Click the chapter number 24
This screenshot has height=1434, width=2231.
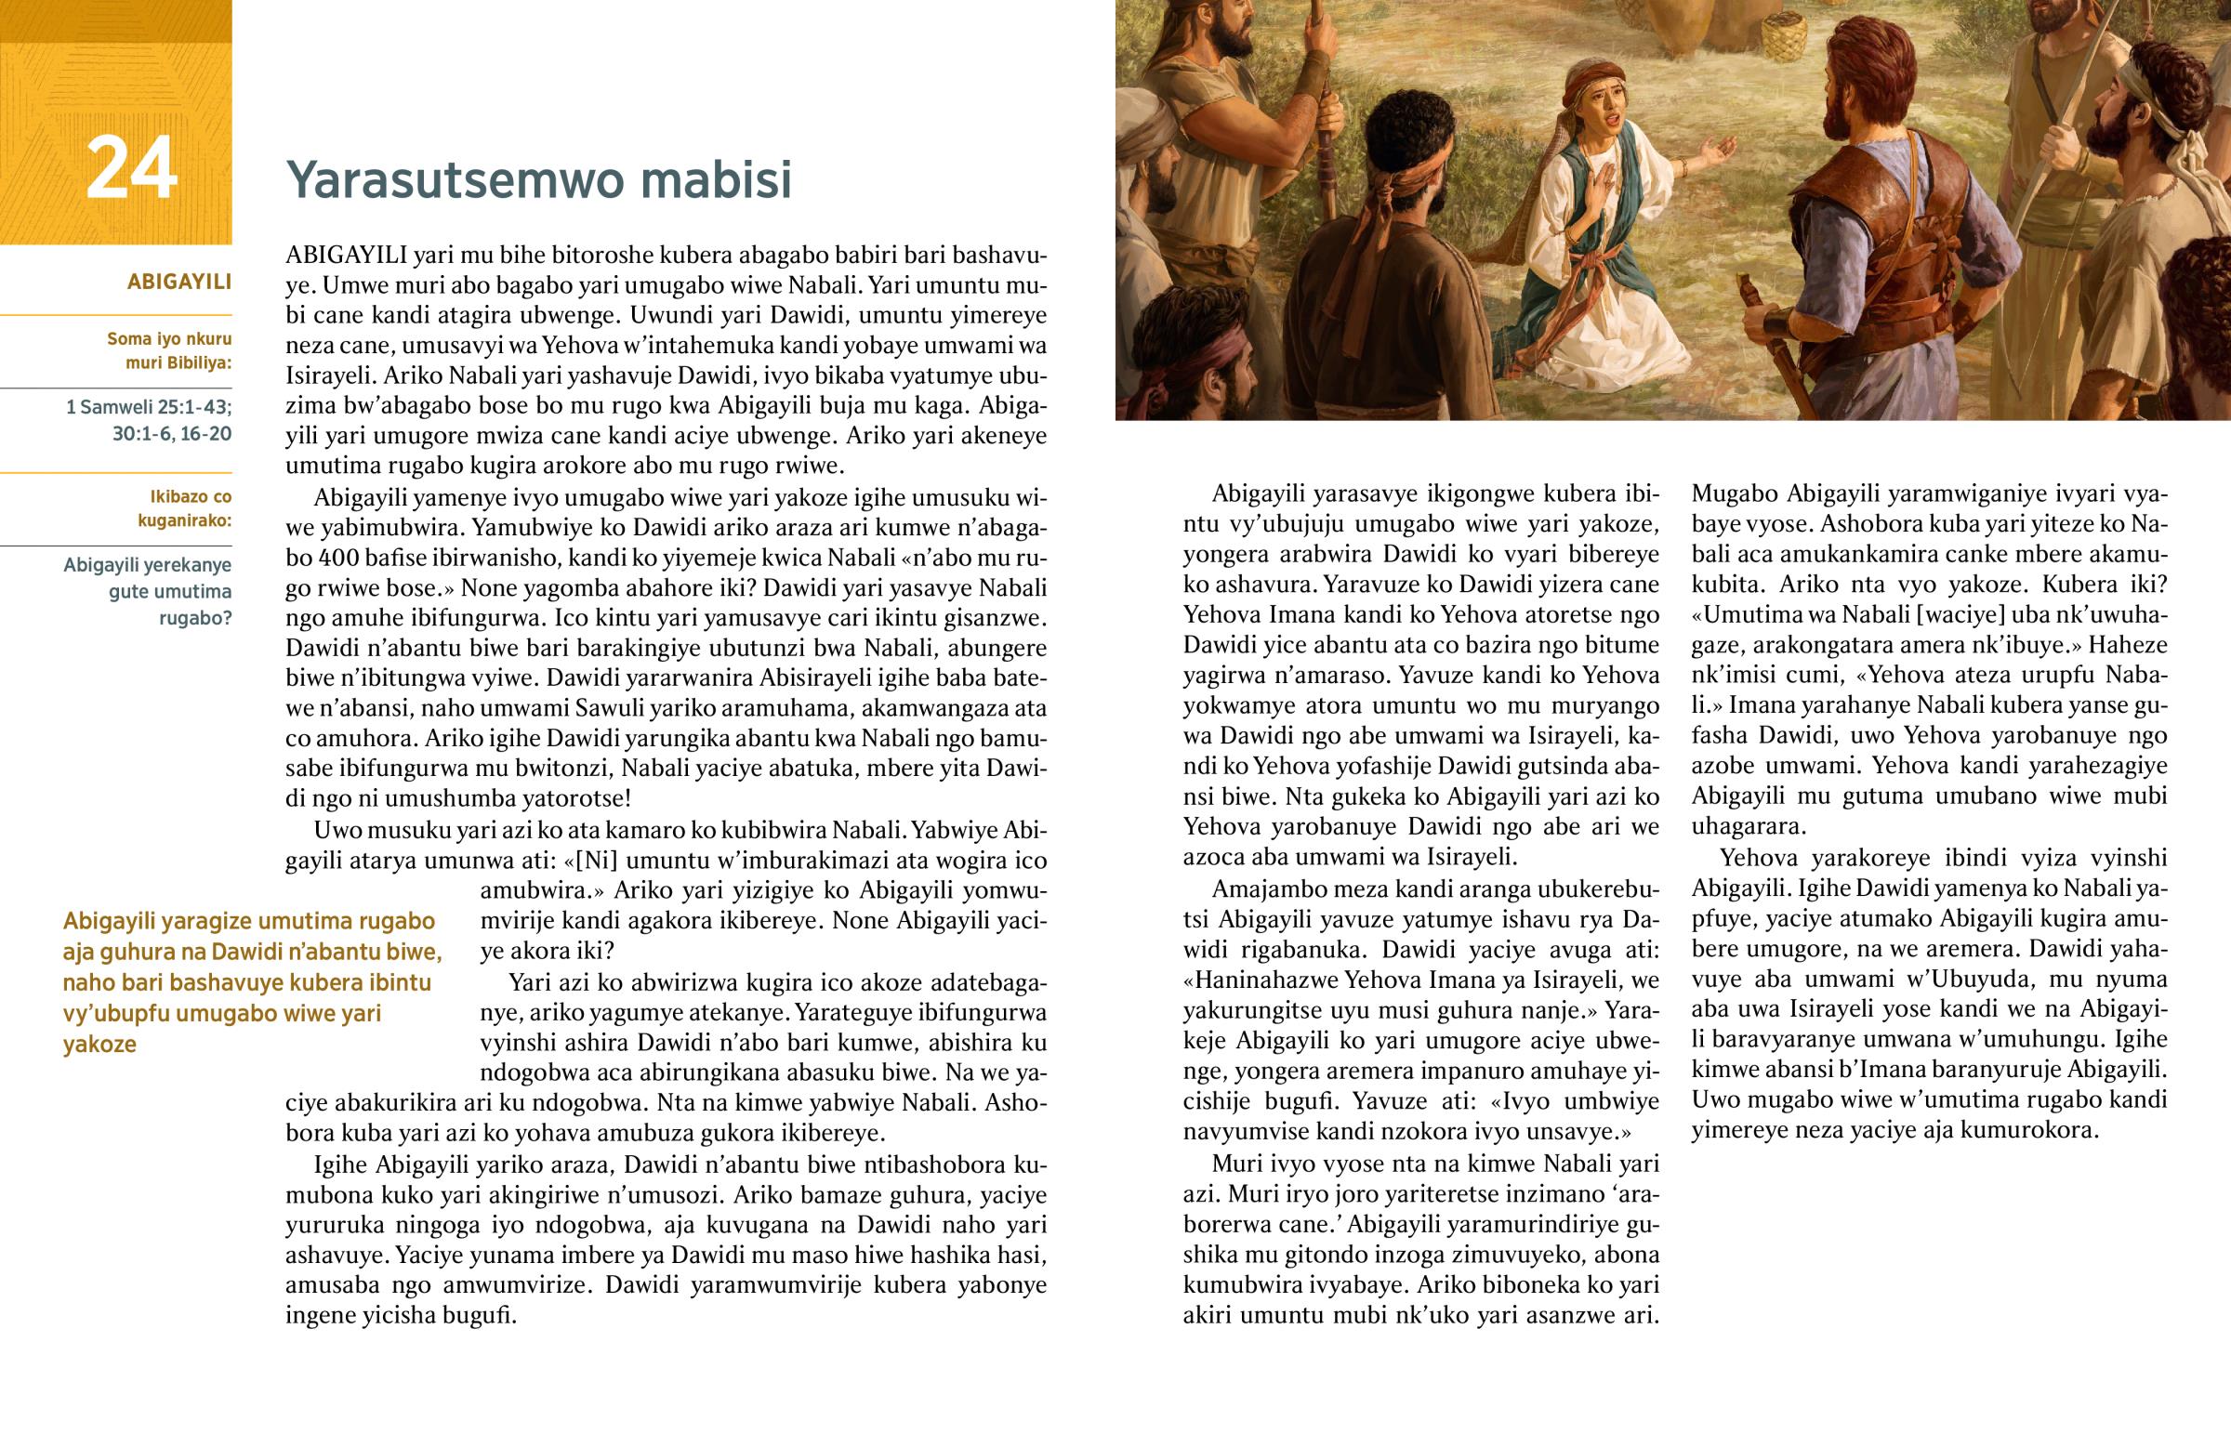point(131,168)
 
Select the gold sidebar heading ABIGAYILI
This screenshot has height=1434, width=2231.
point(178,282)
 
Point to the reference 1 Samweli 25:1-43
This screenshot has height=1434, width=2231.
point(148,407)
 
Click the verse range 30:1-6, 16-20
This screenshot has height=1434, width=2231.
point(171,433)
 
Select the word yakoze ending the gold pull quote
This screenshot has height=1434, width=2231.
point(99,1044)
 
